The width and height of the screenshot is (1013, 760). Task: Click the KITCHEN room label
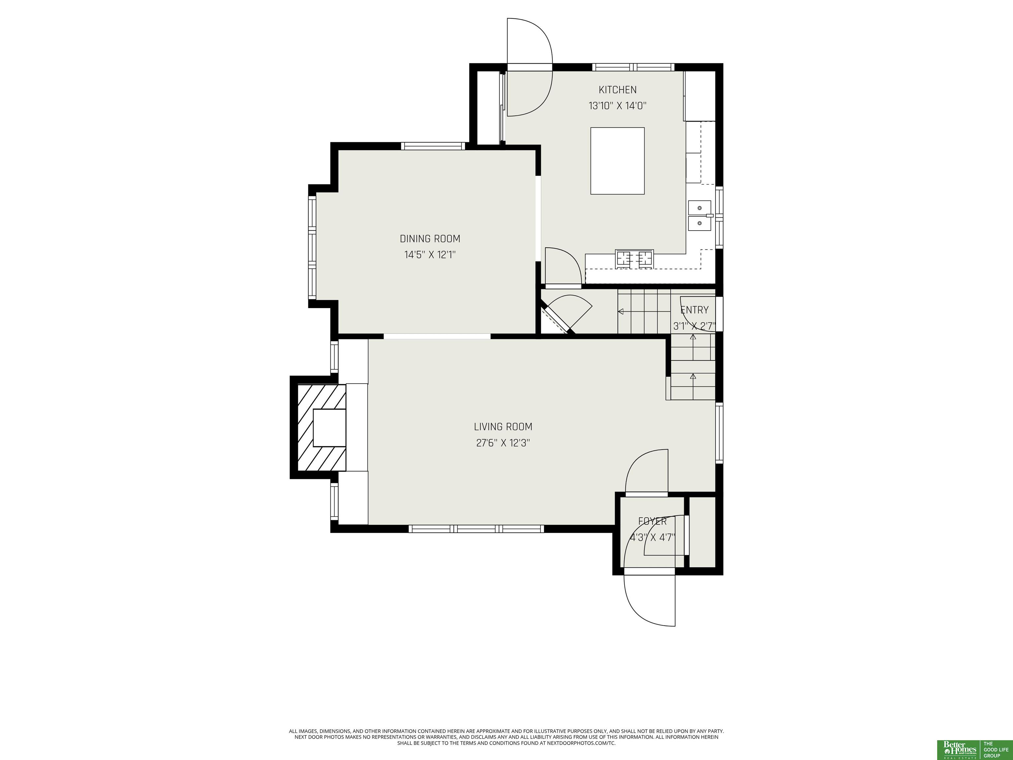[617, 90]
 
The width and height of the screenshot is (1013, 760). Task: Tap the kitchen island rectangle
[617, 161]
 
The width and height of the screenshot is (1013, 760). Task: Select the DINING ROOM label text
[430, 239]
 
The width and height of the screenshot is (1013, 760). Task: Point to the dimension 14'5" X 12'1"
[430, 255]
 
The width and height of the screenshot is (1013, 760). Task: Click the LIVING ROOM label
[503, 427]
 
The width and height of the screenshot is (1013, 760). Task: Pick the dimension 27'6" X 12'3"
[503, 443]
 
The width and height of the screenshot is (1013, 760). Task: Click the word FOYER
[653, 521]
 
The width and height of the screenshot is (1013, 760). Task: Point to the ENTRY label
[694, 310]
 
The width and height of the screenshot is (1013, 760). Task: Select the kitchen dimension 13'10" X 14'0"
[617, 106]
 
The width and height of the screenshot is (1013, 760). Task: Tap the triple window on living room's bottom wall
[476, 529]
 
